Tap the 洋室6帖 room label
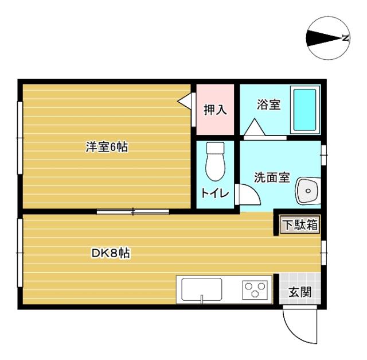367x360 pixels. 106,148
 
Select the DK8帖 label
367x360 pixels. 110,253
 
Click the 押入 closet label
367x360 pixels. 216,110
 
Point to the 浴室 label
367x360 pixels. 268,105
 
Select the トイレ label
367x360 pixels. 215,193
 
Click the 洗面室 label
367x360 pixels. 272,178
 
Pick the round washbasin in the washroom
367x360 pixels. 308,190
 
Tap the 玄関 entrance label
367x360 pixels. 299,292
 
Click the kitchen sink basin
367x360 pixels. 202,289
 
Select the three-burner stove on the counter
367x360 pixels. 256,289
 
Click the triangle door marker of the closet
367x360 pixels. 185,101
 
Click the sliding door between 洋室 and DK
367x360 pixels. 133,212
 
